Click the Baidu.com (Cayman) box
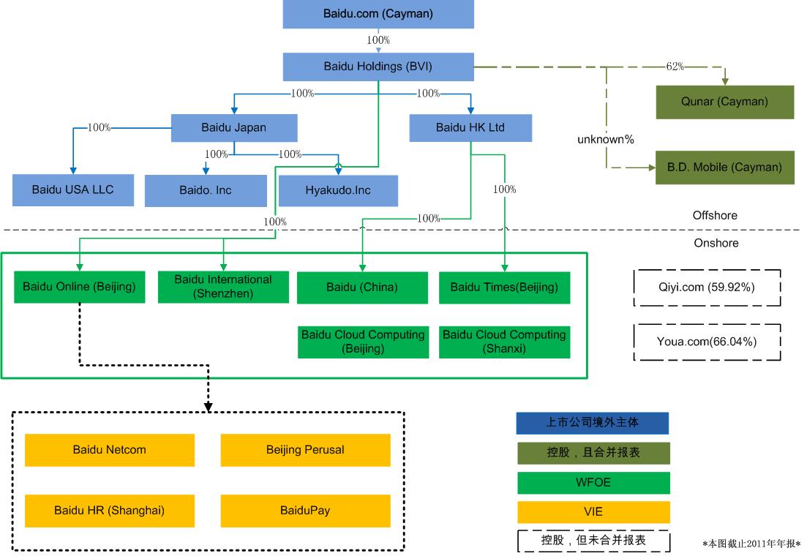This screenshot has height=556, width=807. click(x=378, y=14)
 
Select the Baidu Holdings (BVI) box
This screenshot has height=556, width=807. click(x=378, y=67)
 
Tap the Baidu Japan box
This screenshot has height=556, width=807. click(x=234, y=127)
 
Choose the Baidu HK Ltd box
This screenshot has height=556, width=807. click(x=470, y=127)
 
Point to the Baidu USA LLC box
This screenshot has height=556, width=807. click(x=73, y=189)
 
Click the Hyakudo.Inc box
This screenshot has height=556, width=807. click(x=338, y=190)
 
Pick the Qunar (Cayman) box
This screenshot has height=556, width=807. click(x=724, y=102)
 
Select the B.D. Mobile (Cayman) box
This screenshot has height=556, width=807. click(x=724, y=168)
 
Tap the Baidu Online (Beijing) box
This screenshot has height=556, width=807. click(x=79, y=287)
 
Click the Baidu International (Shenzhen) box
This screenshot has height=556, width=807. click(x=223, y=287)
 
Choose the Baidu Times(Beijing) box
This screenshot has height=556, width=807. click(x=504, y=287)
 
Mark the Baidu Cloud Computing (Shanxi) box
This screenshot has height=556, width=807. click(x=504, y=342)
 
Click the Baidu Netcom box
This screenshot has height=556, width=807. click(x=110, y=450)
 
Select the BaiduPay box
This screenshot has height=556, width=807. click(x=305, y=510)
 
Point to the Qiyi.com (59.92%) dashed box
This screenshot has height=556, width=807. click(x=707, y=287)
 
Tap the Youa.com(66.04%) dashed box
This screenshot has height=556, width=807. click(x=707, y=341)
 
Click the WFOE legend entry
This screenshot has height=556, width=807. click(x=593, y=483)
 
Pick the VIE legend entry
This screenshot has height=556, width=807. click(x=593, y=511)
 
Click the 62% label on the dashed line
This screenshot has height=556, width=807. click(x=675, y=67)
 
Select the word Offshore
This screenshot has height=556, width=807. click(x=715, y=216)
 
